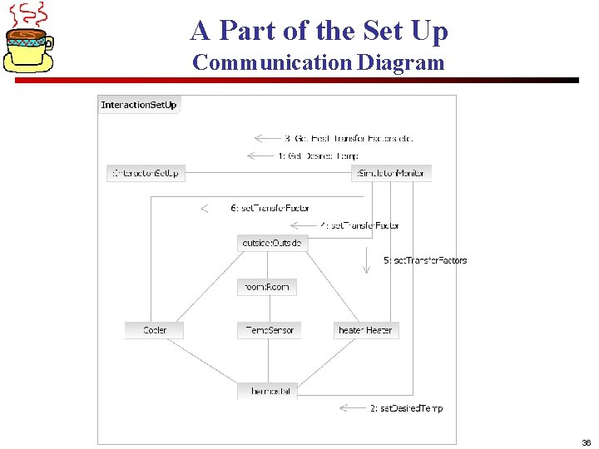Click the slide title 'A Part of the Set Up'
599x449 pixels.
[x=319, y=31]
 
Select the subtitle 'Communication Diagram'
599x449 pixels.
[x=319, y=62]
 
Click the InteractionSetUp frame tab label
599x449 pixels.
[x=139, y=105]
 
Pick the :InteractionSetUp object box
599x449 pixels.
[x=146, y=173]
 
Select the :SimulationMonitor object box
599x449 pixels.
[x=391, y=173]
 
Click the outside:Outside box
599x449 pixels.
[x=272, y=243]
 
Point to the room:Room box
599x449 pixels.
[x=267, y=287]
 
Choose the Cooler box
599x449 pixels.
[x=154, y=330]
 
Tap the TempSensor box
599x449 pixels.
[x=268, y=330]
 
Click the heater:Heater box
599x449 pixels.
[x=366, y=330]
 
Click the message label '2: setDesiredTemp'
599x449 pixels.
[x=406, y=408]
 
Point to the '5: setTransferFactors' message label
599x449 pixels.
[x=425, y=260]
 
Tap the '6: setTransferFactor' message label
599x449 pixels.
[x=270, y=208]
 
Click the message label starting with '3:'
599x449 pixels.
[x=348, y=138]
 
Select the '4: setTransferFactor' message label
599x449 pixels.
[x=360, y=225]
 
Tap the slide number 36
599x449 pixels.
[x=587, y=442]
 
